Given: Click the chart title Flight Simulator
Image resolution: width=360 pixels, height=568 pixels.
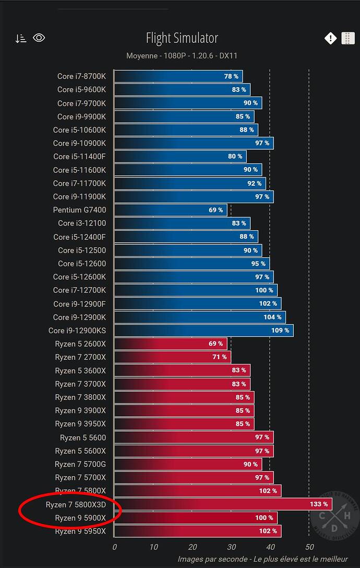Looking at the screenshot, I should coord(182,38).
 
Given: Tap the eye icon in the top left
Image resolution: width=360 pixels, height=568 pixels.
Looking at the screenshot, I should coord(39,38).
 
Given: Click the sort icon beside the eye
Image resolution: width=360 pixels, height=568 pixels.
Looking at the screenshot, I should coord(21,39).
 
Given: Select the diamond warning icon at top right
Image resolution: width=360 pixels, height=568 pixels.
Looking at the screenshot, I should coord(330,38).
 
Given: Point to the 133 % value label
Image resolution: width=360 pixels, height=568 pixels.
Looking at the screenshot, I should coord(319,504).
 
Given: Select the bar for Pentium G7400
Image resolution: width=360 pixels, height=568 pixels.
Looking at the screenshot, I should coord(171,210).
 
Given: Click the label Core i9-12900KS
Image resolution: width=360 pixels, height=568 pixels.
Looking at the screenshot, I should coord(77,330).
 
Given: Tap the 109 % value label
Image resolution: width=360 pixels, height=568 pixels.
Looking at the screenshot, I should coord(280,330).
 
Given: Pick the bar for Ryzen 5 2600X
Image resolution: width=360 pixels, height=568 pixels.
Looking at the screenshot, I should coord(171,344).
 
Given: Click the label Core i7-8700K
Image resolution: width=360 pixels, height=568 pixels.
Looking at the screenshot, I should coord(81,76).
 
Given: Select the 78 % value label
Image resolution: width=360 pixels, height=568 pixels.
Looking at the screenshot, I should coord(231,76).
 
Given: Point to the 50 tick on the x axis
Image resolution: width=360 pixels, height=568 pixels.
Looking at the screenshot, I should coord(309,547).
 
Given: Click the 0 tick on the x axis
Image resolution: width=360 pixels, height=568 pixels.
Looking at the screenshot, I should coord(115,547).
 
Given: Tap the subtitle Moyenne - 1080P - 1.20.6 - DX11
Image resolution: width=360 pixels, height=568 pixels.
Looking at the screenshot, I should coord(182,56).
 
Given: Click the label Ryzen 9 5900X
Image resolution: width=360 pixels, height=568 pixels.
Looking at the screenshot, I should coord(80,518).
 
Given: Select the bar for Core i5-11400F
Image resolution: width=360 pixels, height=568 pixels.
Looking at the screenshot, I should coord(180,156).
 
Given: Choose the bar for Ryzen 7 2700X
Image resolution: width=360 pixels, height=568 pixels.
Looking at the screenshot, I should coord(172,357).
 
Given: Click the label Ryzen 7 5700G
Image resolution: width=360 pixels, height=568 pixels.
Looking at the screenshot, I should coord(80,464).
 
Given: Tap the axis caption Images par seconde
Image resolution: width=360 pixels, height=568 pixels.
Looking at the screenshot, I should coord(212,559).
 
